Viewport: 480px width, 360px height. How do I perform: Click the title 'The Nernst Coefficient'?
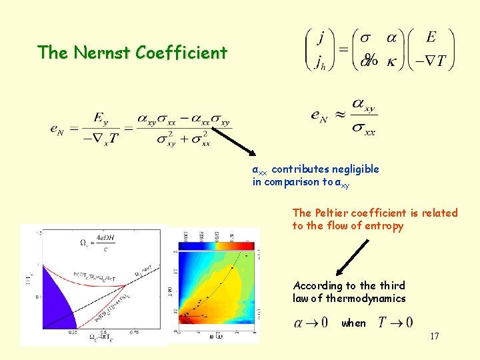[132, 53]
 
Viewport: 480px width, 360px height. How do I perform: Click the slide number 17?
[434, 336]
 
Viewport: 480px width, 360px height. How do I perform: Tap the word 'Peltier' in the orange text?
[335, 213]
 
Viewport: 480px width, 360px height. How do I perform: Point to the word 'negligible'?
[354, 169]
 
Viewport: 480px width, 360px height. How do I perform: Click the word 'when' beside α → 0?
[353, 323]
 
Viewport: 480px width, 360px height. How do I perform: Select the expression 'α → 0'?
[311, 323]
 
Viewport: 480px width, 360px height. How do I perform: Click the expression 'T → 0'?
[395, 323]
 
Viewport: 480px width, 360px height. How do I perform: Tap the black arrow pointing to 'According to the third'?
[352, 257]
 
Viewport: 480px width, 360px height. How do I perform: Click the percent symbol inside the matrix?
[370, 60]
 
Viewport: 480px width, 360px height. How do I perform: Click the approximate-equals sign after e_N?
[339, 115]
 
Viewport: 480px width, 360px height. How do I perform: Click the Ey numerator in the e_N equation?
[101, 118]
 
